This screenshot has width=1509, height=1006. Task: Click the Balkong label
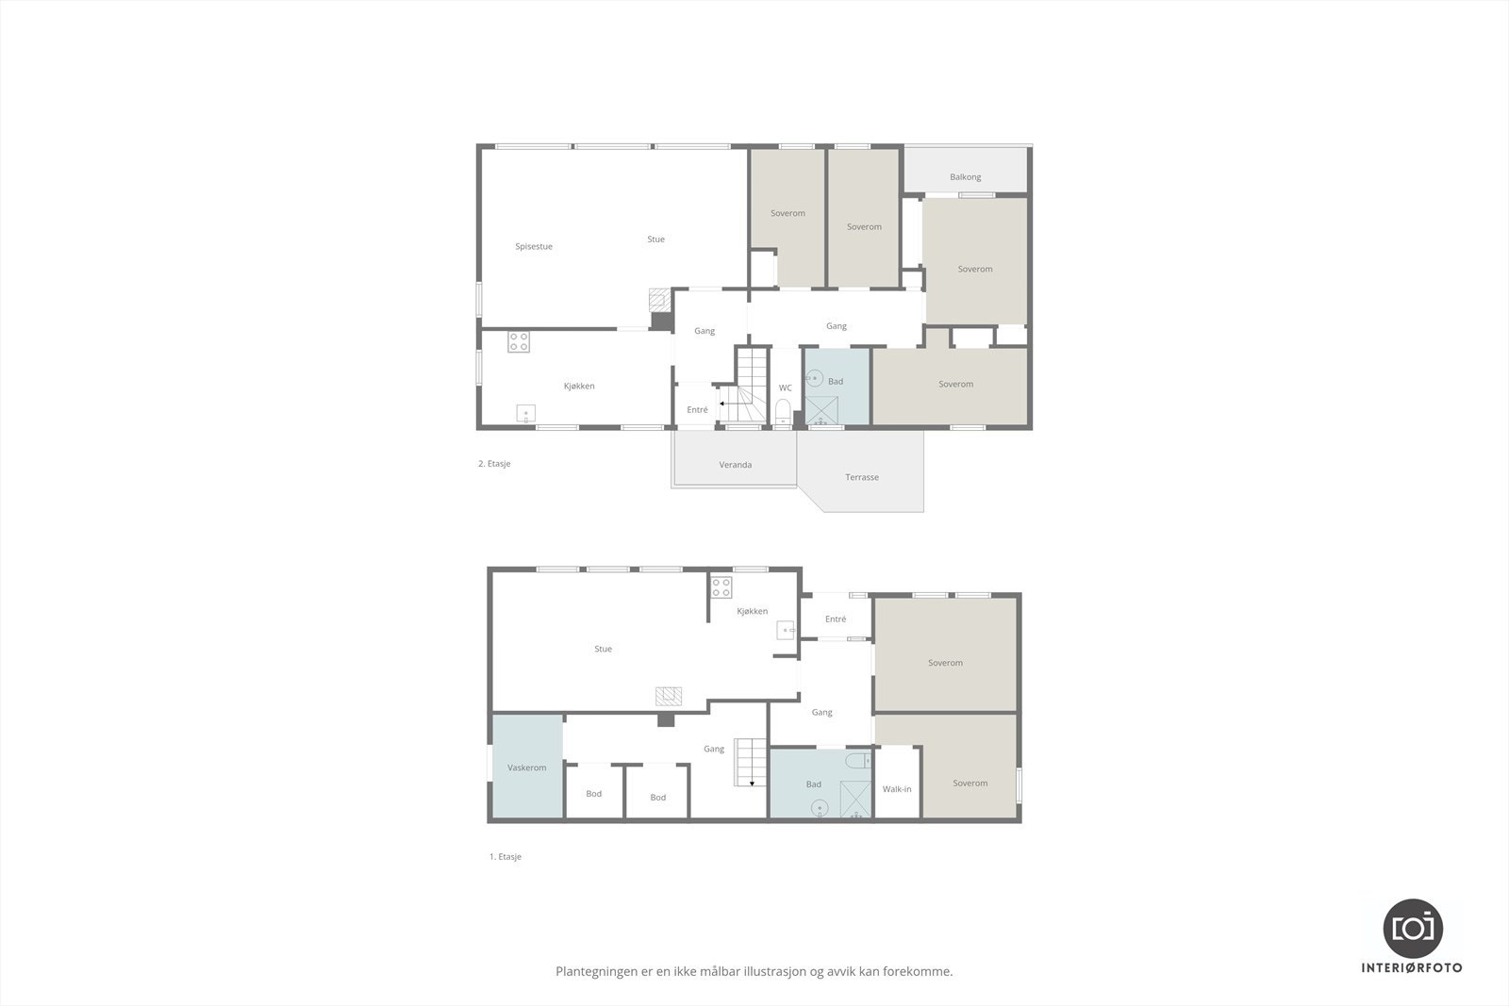point(965,177)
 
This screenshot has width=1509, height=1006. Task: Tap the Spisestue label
point(534,247)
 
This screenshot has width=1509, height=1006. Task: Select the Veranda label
point(735,465)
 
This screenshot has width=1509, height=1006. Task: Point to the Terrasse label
point(861,477)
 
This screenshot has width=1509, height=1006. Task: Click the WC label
point(785,388)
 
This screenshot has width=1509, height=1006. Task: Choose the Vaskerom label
point(526,768)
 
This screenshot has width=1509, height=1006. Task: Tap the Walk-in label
point(896,789)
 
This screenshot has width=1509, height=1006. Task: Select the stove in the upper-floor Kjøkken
point(519,341)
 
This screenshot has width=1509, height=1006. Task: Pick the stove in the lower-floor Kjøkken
point(721,587)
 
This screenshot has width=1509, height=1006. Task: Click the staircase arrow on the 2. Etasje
point(721,404)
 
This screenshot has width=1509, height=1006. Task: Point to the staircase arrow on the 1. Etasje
point(752,783)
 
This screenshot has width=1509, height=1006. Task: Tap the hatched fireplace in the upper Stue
point(658,300)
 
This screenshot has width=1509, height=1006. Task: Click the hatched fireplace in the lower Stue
point(669,697)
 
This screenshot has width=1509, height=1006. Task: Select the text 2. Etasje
point(494,464)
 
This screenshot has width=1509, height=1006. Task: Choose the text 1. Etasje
point(505,857)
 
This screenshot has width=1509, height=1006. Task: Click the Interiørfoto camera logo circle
point(1413,928)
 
